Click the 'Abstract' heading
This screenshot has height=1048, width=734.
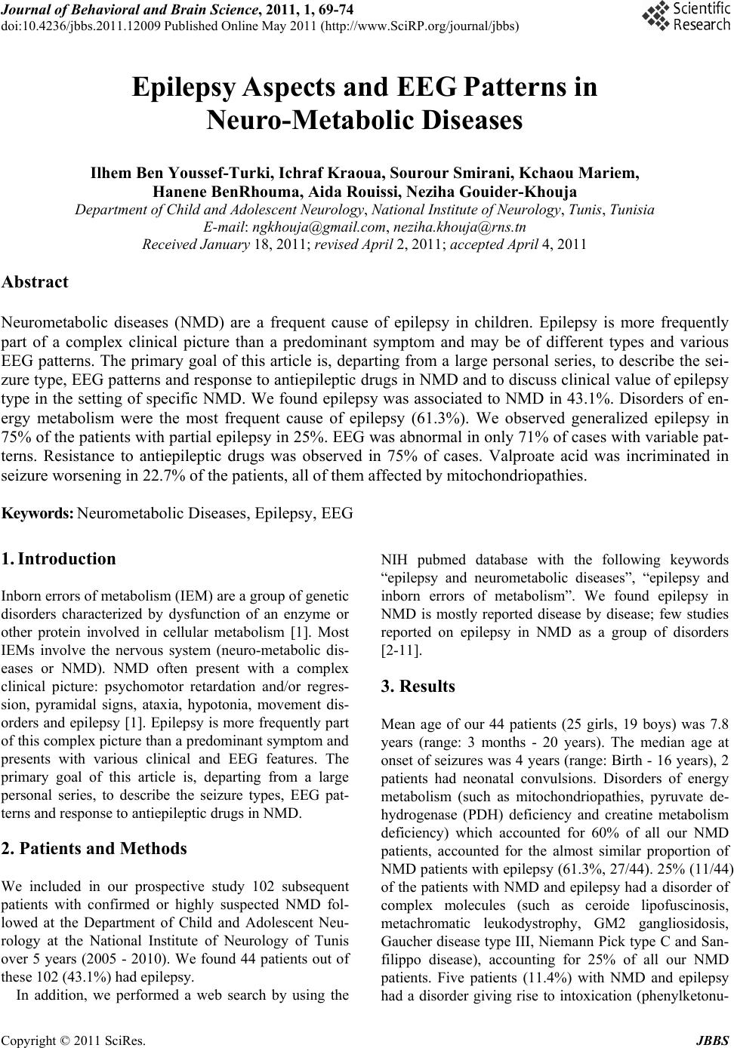tap(35, 282)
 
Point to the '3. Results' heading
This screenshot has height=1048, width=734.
tap(418, 687)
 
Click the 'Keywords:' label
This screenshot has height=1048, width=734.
tap(38, 514)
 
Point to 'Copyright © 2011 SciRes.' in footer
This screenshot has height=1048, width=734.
tap(73, 1041)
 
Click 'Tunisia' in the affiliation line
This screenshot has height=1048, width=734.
tap(632, 209)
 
